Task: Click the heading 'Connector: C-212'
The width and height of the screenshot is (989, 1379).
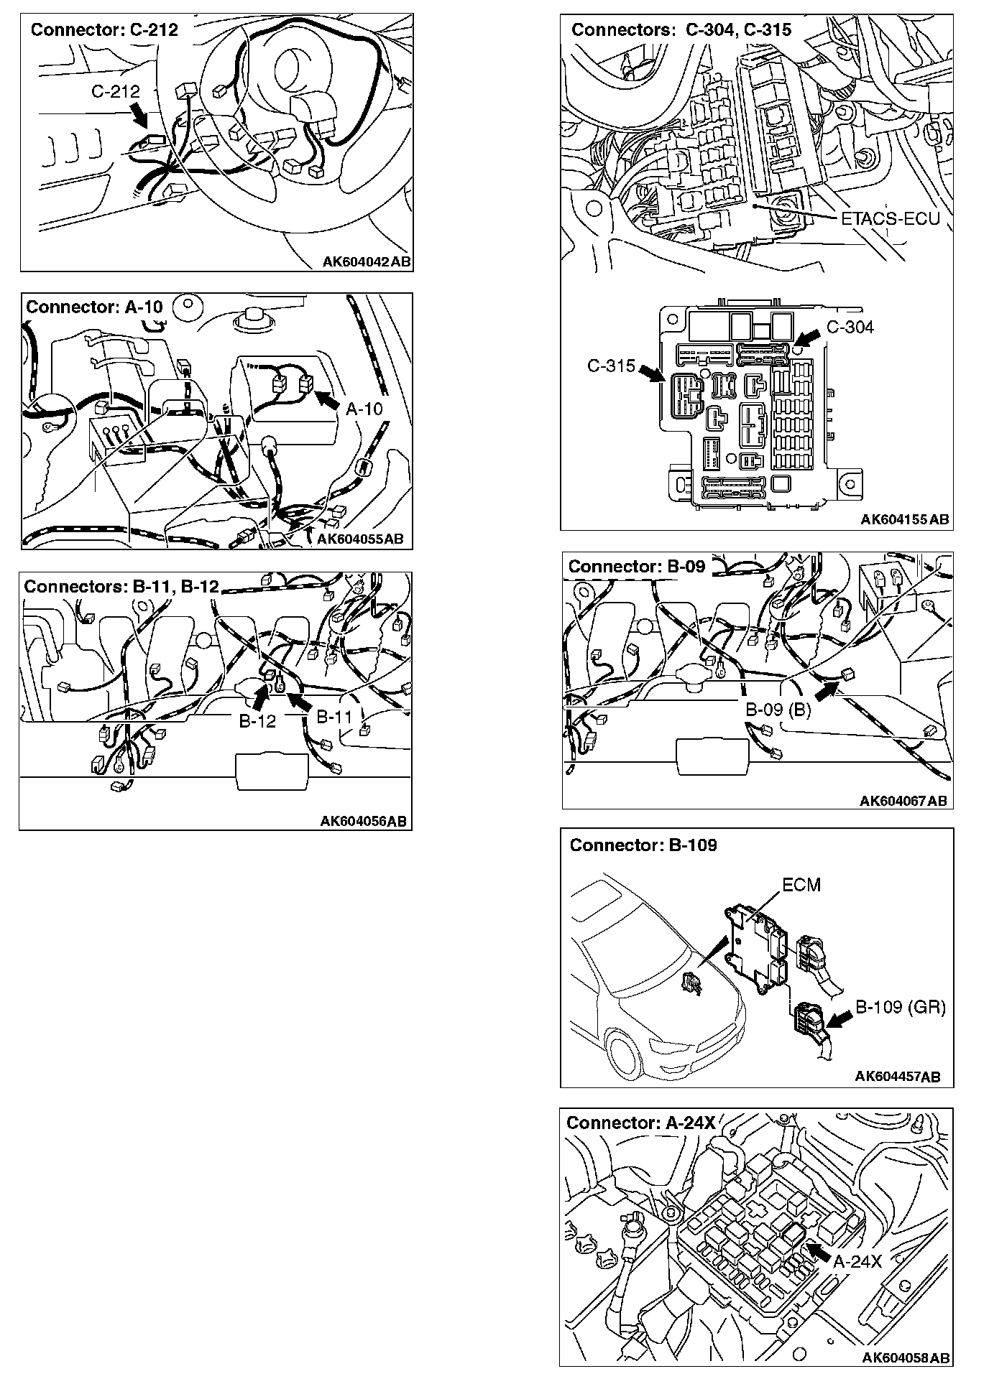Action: pos(104,30)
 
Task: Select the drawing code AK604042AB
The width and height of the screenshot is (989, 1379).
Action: pos(367,262)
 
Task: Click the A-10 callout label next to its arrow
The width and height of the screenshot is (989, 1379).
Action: pos(364,409)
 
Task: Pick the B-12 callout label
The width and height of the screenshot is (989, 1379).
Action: pos(257,721)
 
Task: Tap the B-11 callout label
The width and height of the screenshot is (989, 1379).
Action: pos(334,716)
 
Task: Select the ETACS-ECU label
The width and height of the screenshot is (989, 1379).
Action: pos(891,218)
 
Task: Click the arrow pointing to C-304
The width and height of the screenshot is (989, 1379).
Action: pos(807,335)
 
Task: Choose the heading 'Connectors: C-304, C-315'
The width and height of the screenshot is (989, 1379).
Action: pos(681,29)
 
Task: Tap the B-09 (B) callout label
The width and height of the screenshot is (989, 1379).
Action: pos(778,710)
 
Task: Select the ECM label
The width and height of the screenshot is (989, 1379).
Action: pos(801,885)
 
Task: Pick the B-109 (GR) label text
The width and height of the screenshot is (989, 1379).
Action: pos(900,1007)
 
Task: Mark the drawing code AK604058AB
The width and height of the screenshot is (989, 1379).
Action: pos(906,1357)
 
